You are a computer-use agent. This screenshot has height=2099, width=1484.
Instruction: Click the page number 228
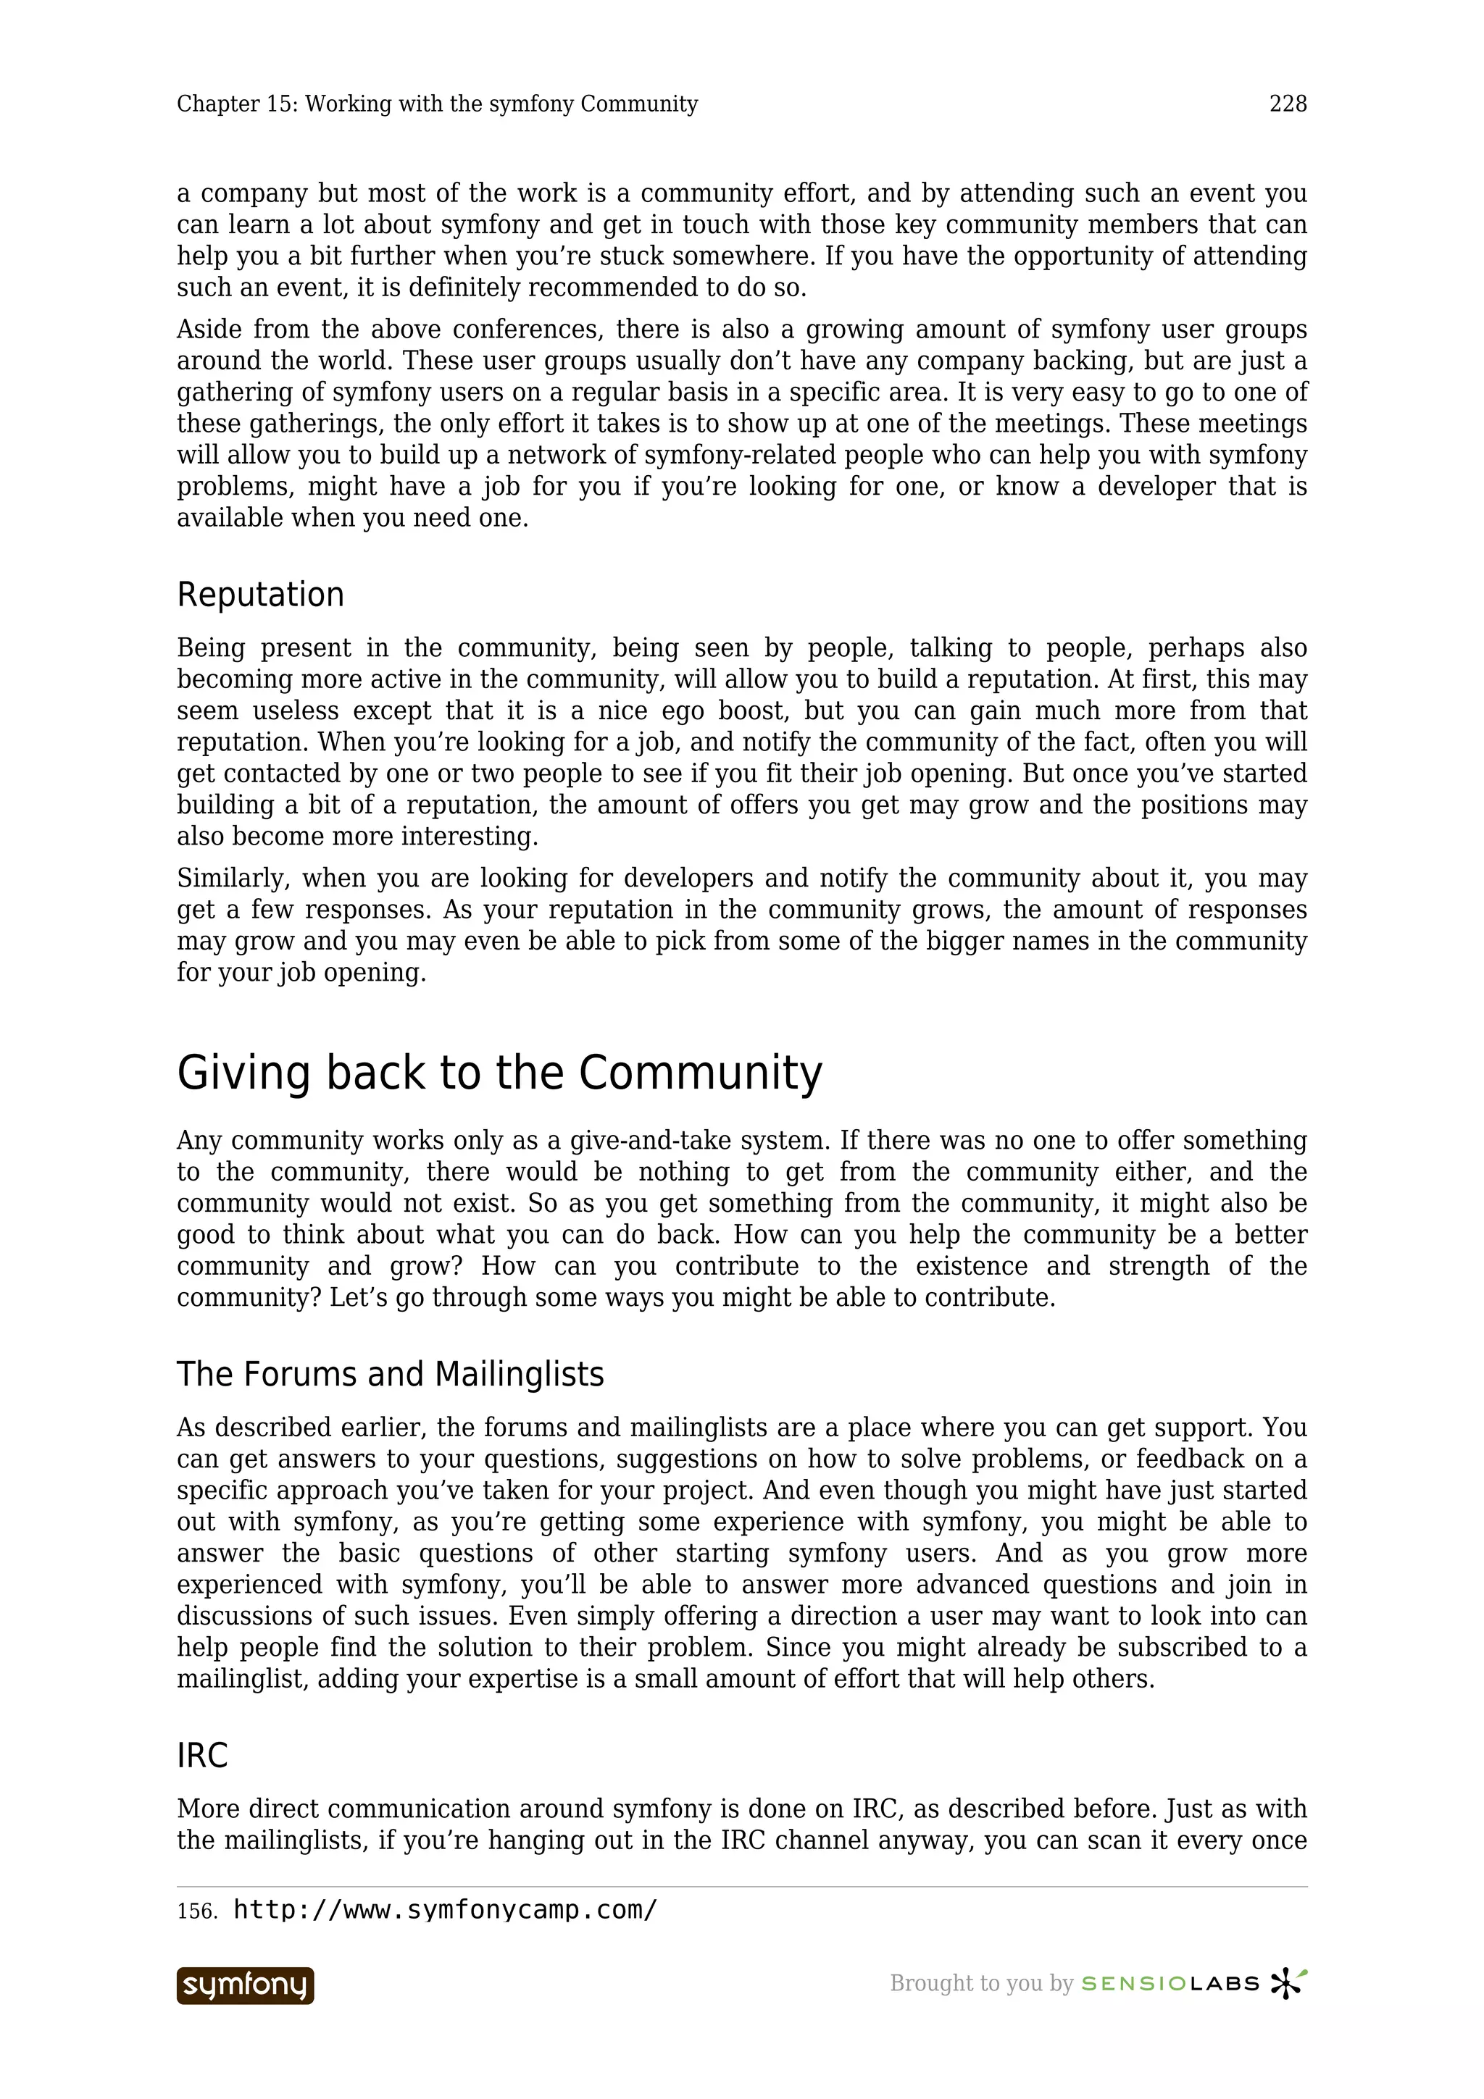[1288, 104]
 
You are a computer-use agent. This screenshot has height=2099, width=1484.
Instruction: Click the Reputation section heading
[261, 595]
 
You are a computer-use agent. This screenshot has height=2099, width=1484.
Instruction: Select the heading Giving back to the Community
[499, 1073]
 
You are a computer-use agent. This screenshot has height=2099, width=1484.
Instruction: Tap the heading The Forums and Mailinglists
[391, 1374]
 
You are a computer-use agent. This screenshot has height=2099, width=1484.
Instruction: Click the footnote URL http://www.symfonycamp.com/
[446, 1910]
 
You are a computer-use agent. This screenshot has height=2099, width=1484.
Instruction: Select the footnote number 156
[196, 1911]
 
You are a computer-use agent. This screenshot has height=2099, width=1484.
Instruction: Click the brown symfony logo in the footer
[245, 1985]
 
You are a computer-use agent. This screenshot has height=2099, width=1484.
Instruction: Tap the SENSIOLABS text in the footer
[1170, 1984]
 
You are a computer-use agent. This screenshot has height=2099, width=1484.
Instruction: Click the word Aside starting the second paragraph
[206, 329]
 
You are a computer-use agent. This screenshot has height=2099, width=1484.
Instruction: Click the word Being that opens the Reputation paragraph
[209, 648]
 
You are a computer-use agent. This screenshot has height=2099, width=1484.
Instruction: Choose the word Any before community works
[199, 1141]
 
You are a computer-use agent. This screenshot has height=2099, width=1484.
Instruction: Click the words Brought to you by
[980, 1984]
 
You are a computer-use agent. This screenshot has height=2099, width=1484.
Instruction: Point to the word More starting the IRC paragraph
[207, 1809]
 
